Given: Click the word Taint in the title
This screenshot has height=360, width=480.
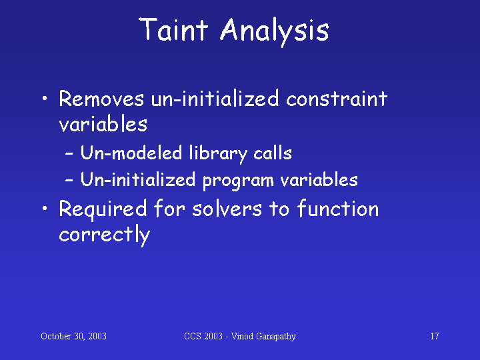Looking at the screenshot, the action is [x=173, y=29].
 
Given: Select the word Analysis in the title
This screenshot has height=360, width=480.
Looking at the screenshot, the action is [x=275, y=31].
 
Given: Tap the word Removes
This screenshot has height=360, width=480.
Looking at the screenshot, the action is [x=101, y=99].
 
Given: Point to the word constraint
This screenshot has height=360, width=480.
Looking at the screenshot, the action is [x=337, y=99].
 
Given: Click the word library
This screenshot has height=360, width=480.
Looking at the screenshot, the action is [x=218, y=154].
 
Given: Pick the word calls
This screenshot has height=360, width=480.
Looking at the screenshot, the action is [x=273, y=153].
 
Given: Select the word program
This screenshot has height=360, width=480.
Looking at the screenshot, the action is [x=238, y=181].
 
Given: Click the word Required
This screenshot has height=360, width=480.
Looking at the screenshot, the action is [x=103, y=210].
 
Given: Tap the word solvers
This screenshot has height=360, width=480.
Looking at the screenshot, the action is [x=227, y=209].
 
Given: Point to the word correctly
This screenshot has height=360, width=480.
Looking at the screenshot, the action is [x=105, y=235].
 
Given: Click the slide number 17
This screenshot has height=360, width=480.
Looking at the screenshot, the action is [x=435, y=336].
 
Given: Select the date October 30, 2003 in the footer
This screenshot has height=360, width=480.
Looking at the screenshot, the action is [x=73, y=337].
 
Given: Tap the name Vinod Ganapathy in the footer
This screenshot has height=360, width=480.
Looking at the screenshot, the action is [x=263, y=337].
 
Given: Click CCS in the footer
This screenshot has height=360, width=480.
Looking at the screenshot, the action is [x=192, y=336].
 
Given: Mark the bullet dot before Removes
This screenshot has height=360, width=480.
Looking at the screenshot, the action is [x=45, y=99].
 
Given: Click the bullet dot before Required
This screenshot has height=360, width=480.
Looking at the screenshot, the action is [x=45, y=209].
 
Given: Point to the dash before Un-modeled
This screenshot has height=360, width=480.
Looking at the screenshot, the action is [x=69, y=154].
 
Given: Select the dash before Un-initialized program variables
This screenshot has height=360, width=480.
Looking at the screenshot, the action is [x=69, y=180].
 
